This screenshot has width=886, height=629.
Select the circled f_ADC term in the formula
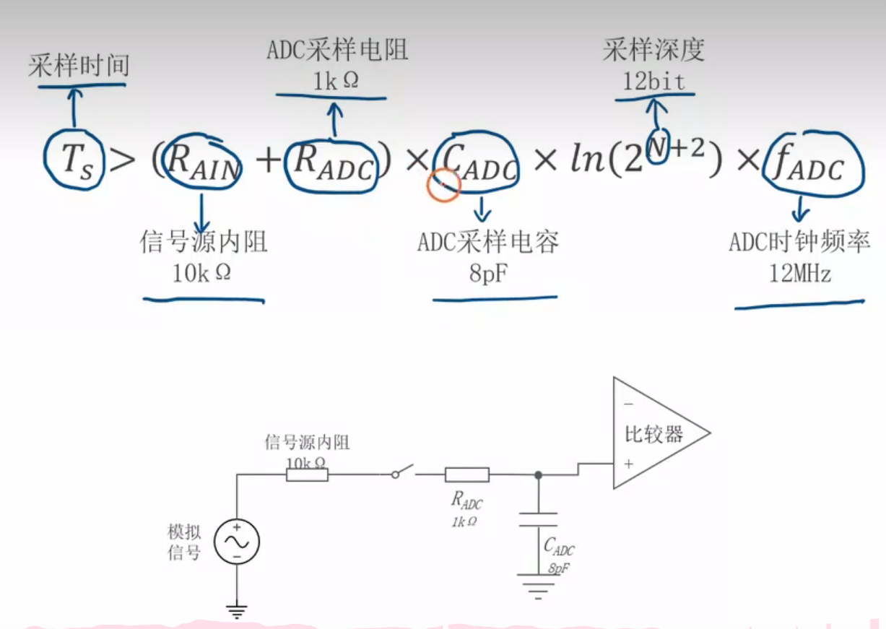(x=813, y=166)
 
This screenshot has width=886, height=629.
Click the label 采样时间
(x=79, y=66)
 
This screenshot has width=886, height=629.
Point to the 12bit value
(x=654, y=81)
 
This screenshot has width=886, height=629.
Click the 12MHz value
(x=800, y=274)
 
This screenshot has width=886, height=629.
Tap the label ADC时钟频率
(x=799, y=242)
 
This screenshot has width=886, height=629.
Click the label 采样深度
(x=653, y=50)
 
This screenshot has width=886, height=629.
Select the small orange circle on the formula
(x=443, y=186)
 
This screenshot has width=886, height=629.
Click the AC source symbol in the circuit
(x=236, y=542)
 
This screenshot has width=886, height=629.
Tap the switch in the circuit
(x=403, y=471)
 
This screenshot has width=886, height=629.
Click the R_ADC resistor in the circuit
(x=466, y=474)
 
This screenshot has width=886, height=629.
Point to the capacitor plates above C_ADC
(x=538, y=520)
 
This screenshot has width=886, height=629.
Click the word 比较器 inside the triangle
(x=653, y=435)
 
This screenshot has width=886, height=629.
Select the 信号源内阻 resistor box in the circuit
(x=308, y=474)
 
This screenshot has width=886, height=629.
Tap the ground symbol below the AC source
(x=236, y=611)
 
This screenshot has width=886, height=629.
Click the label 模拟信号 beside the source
(x=184, y=542)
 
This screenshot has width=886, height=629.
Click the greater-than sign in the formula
(x=123, y=160)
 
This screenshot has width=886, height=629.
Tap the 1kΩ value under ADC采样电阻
(x=335, y=81)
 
